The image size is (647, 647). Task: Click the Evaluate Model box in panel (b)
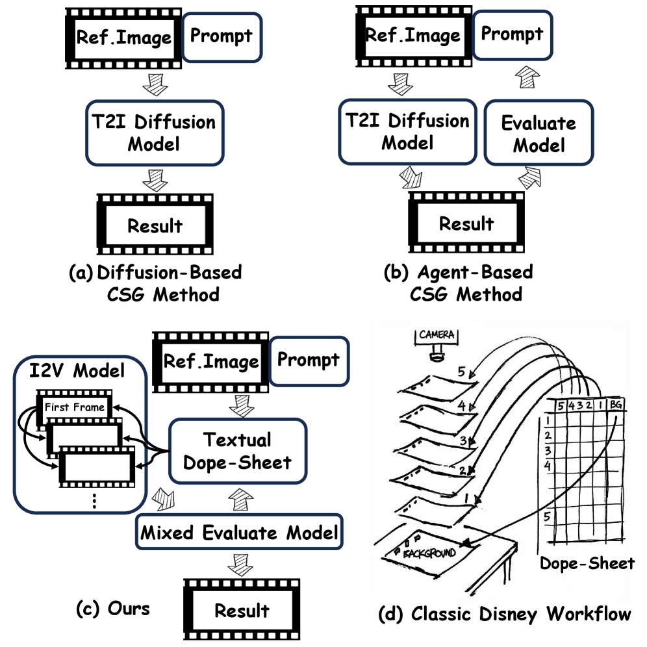[x=539, y=133]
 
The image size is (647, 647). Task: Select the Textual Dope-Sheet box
[x=237, y=450]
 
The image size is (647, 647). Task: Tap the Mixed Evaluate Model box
[x=239, y=533]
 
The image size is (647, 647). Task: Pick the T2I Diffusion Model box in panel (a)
[x=154, y=133]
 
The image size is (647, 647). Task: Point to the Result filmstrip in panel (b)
[x=466, y=224]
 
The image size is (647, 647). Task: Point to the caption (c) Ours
[x=112, y=609]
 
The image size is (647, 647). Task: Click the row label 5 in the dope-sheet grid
[x=548, y=517]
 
